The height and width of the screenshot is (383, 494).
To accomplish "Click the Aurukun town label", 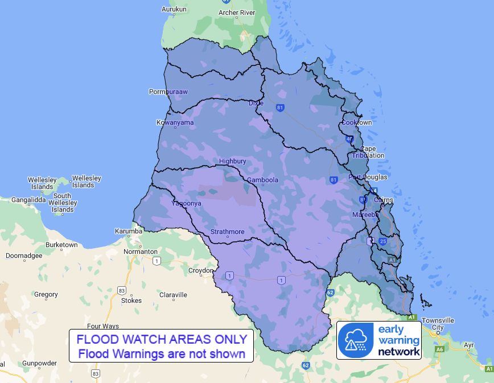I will [174, 9].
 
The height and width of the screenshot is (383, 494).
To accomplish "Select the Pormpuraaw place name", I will [168, 92].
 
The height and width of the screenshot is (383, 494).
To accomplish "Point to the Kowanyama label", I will [175, 122].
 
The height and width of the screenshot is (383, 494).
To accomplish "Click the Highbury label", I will [232, 161].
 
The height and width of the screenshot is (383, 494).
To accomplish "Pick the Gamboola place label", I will [262, 180].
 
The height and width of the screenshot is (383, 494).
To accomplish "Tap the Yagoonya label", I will [187, 203].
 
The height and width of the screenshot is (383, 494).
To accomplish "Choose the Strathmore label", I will [227, 232].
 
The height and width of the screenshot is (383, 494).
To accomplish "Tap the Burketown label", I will [61, 245].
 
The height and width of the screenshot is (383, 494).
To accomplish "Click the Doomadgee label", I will [24, 256].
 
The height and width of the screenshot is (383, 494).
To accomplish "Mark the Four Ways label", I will [102, 326].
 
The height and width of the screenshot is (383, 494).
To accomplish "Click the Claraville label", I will [173, 295].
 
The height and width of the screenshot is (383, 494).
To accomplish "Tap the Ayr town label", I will [469, 345].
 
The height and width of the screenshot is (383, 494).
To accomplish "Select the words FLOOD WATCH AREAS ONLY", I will [161, 339].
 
